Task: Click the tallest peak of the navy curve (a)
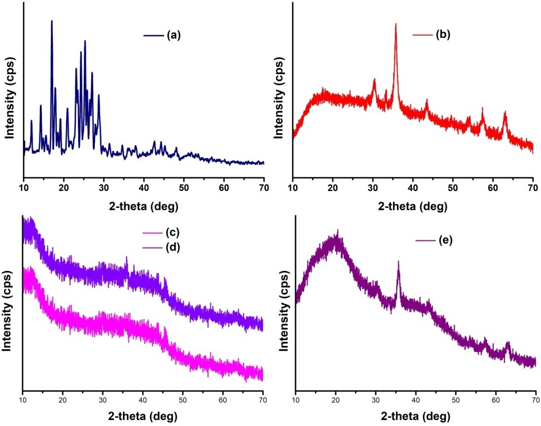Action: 52,21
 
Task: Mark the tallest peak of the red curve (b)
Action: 396,24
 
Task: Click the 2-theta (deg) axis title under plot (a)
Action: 144,205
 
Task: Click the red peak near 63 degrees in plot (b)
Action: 505,113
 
